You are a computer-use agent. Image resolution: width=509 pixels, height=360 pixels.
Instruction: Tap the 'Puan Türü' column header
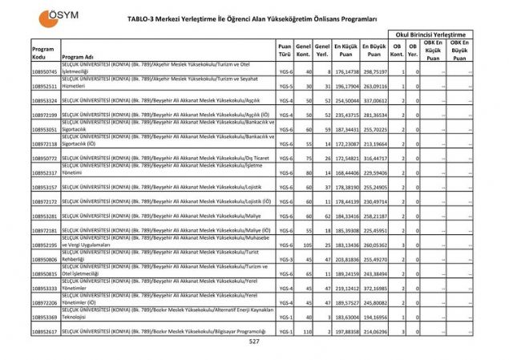284,53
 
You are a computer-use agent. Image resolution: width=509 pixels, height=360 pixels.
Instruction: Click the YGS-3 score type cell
284,259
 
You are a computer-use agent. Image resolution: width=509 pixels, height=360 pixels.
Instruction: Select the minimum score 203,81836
345,259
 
